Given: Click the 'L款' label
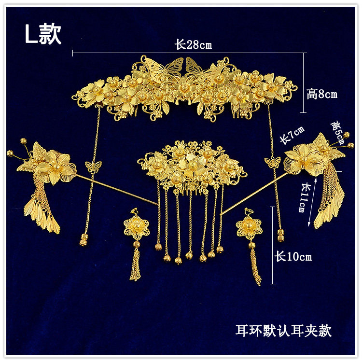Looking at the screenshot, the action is (x=43, y=34).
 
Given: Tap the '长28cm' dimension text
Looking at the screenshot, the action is (x=193, y=45).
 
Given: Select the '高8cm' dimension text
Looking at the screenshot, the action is (x=322, y=94).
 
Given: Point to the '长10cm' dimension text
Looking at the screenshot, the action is (x=293, y=256).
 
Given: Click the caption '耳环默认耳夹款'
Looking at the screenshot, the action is (x=283, y=331).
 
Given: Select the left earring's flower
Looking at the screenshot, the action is (x=136, y=228).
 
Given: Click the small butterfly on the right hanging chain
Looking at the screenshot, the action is (x=273, y=161).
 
